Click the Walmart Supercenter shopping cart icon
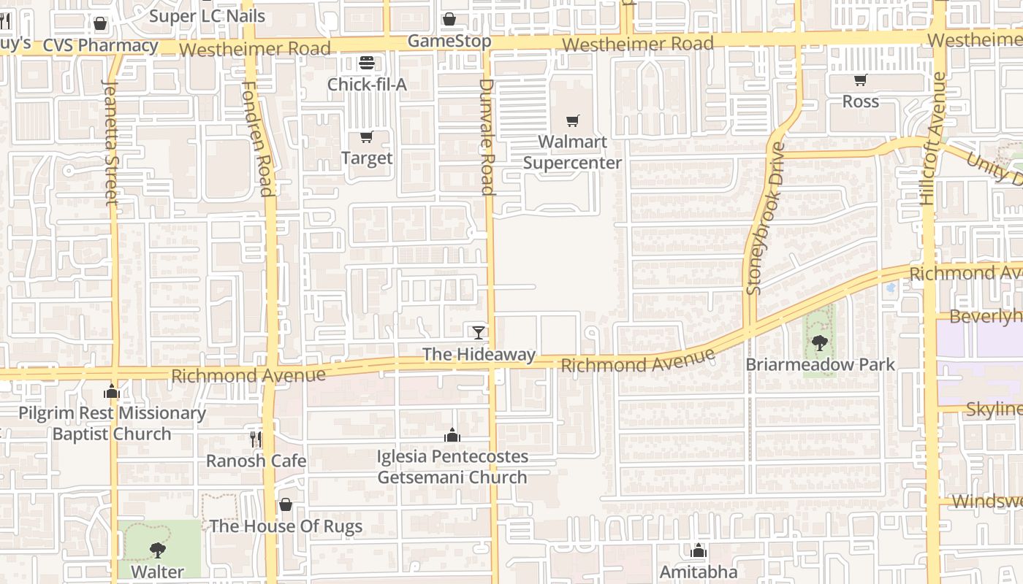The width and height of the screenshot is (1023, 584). tap(572, 120)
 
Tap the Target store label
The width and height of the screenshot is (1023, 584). tap(367, 158)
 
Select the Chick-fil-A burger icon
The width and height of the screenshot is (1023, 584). tap(367, 64)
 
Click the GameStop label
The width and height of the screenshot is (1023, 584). tap(449, 41)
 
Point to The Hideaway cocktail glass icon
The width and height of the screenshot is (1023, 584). tap(478, 333)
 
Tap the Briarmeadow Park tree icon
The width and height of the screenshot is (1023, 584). tap(819, 342)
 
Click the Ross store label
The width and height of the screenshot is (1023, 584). tap(860, 101)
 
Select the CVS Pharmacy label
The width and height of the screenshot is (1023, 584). tap(100, 45)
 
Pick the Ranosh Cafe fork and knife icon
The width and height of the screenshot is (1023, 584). tap(255, 439)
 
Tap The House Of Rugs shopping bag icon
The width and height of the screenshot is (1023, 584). tap(286, 504)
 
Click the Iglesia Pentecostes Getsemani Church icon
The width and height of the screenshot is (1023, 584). tap(452, 435)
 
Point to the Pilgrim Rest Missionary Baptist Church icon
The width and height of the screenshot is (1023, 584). tap(112, 391)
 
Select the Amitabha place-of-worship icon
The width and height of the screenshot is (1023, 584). tap(699, 550)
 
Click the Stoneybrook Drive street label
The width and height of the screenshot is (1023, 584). tap(764, 218)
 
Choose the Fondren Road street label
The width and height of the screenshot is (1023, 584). tap(258, 139)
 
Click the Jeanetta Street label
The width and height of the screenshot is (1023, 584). tap(110, 142)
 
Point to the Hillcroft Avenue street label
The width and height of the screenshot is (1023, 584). tap(932, 138)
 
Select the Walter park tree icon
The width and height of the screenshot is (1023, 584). tap(157, 550)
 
